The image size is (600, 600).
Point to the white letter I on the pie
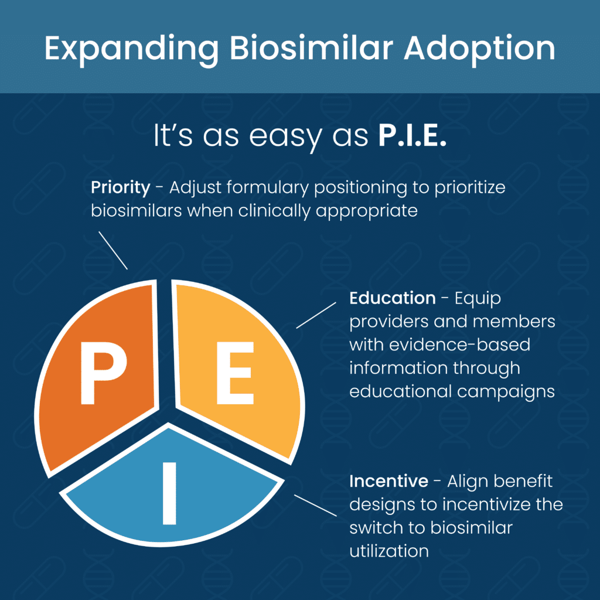coord(169,493)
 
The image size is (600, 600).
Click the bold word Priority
coord(120,187)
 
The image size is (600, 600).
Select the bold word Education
coord(392,298)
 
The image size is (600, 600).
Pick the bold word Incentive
coord(388,482)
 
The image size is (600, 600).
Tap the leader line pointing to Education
coord(316,315)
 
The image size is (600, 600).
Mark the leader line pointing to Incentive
coord(315,505)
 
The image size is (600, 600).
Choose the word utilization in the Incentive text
coord(388,551)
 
